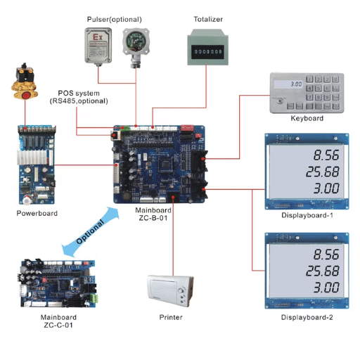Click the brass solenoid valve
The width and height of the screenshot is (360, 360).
25,80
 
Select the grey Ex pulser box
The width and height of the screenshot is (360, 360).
98,46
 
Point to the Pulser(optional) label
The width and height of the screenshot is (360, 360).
114,18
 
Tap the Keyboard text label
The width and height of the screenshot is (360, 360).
307,119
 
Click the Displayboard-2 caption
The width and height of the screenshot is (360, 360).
307,317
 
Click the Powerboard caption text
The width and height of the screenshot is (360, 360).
37,212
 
